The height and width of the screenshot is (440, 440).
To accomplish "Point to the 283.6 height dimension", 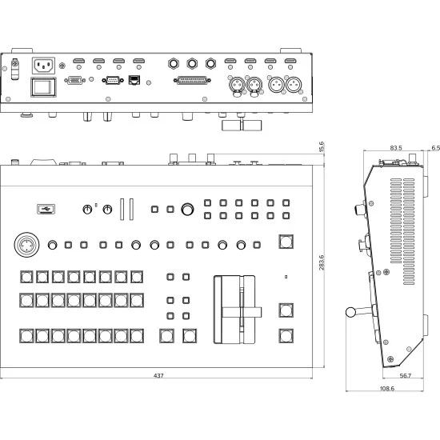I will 322,263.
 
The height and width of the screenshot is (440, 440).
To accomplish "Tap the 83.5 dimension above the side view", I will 395,148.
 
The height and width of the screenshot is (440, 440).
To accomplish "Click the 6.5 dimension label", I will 434,148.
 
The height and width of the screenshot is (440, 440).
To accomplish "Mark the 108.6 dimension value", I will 386,388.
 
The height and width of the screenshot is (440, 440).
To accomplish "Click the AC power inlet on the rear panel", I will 42,66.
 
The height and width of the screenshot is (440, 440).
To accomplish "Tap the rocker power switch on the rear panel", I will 43,86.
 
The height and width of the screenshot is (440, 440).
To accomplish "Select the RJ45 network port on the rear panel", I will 134,80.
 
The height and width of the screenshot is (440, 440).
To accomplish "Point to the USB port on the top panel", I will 46,210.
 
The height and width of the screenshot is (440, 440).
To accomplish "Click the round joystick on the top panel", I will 24,245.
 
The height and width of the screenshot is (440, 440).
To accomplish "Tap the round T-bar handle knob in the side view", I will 350,314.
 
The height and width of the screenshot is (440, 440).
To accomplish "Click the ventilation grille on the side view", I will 402,220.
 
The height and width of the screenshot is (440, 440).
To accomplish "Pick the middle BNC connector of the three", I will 192,62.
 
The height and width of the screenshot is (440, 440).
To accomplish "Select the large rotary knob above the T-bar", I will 188,210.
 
